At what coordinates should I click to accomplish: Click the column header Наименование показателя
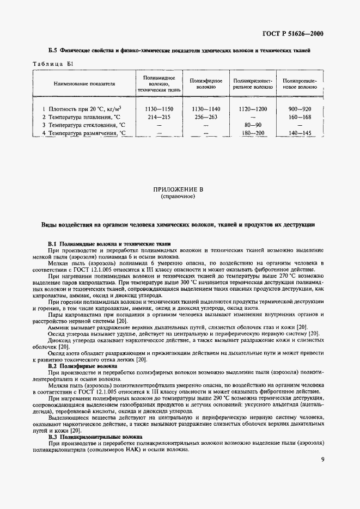[x=84, y=84]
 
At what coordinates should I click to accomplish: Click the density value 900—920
[x=300, y=109]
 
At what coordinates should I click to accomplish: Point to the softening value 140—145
[x=300, y=132]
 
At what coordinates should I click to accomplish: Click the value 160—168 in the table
[x=300, y=116]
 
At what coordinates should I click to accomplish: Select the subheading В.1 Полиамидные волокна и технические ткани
[x=109, y=243]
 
